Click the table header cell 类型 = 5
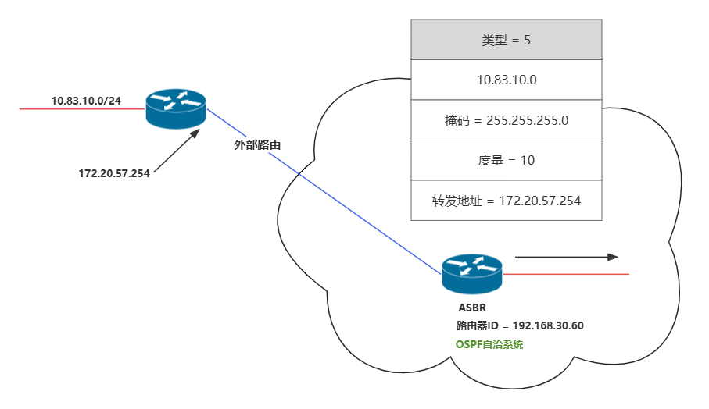click(x=506, y=40)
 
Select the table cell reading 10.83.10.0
click(x=506, y=80)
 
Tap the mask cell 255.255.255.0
click(x=506, y=120)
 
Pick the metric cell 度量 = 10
click(x=506, y=160)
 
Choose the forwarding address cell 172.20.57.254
click(x=506, y=201)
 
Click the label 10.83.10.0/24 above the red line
click(x=86, y=101)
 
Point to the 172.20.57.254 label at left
click(x=114, y=172)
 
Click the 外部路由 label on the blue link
click(x=257, y=145)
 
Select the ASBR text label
click(x=472, y=308)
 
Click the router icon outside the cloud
click(x=176, y=109)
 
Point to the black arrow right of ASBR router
click(x=566, y=257)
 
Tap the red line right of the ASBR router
click(x=566, y=274)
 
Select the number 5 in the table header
click(x=527, y=40)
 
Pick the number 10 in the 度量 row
click(x=527, y=160)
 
